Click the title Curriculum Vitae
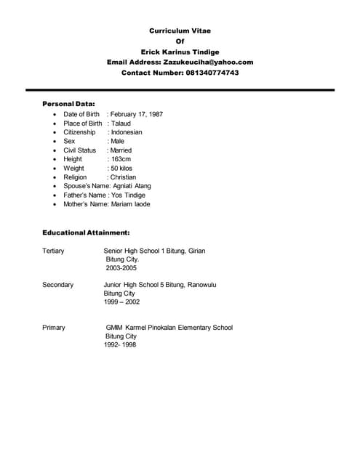click(180, 31)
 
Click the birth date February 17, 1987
click(137, 115)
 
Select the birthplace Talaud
click(121, 124)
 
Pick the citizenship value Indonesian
click(127, 132)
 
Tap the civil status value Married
click(121, 150)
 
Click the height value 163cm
click(120, 159)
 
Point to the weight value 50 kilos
click(121, 168)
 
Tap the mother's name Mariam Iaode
click(131, 204)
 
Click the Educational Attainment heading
click(86, 232)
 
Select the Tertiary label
click(53, 251)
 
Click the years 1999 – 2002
click(122, 302)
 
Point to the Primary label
click(54, 328)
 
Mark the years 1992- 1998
click(121, 345)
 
